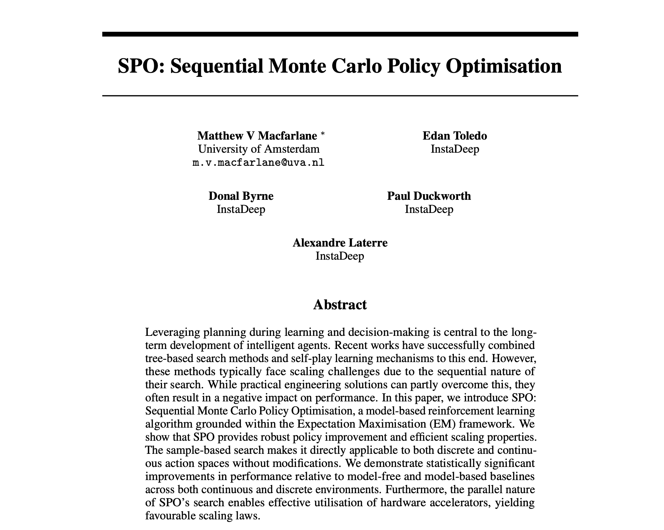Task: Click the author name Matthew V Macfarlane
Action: (257, 136)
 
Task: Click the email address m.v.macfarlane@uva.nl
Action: (258, 163)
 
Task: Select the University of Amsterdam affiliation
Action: (259, 149)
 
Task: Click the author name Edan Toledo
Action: (455, 136)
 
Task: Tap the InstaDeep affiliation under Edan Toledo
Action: (455, 149)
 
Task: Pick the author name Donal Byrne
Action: (241, 196)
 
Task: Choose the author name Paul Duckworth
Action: (429, 196)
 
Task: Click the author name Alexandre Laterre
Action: (340, 243)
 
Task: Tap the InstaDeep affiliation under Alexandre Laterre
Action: (340, 256)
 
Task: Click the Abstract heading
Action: (340, 305)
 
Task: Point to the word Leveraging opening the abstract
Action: (171, 333)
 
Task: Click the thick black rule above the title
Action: (340, 34)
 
